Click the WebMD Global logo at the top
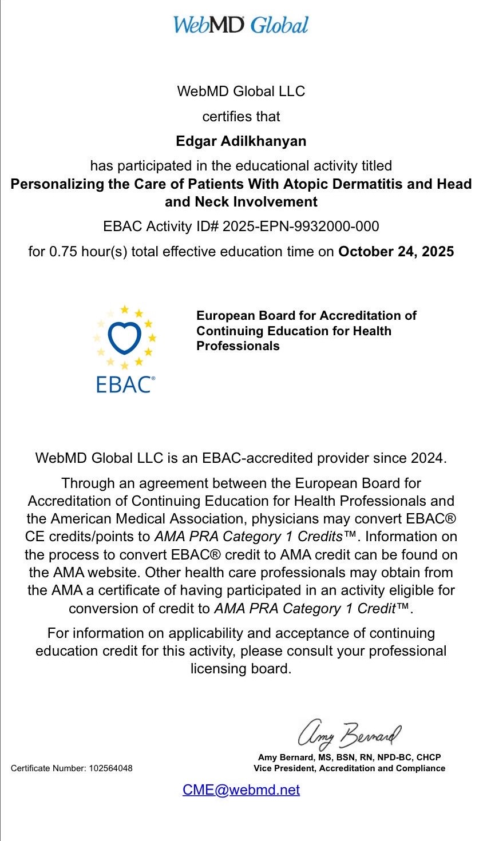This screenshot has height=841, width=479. (240, 25)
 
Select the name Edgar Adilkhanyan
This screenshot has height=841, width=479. (241, 141)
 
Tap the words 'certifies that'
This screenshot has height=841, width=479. (241, 117)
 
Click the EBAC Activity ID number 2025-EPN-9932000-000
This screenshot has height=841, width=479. (300, 227)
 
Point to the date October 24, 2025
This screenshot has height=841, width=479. (396, 252)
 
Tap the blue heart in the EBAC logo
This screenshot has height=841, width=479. (124, 338)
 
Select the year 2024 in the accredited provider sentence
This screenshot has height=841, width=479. (427, 458)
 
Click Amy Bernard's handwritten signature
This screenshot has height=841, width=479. (349, 733)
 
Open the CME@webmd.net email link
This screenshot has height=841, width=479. (241, 790)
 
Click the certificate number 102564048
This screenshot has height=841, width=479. (110, 768)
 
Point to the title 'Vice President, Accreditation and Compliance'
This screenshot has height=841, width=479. (349, 768)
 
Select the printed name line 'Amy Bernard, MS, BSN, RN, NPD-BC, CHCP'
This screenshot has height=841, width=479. (349, 757)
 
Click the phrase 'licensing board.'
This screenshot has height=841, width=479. (241, 669)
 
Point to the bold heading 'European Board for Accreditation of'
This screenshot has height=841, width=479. (306, 316)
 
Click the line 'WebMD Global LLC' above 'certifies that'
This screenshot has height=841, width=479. (241, 91)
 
